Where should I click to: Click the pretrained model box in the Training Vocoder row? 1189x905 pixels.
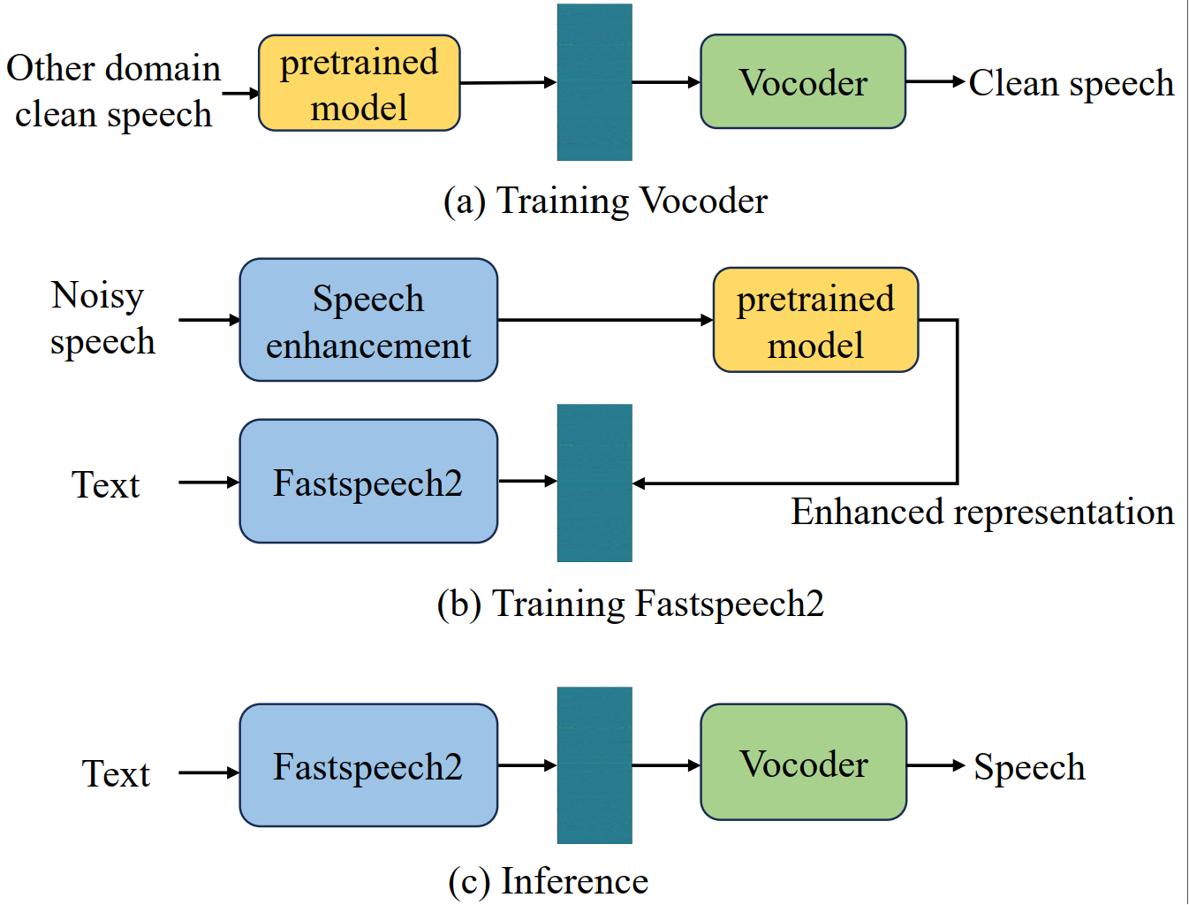tap(360, 83)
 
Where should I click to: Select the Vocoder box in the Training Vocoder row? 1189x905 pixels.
tap(803, 82)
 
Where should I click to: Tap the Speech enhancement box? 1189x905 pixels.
tap(368, 320)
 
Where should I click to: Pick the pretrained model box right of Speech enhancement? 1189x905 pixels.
tap(815, 320)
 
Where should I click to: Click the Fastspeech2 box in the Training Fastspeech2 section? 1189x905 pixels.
tap(368, 481)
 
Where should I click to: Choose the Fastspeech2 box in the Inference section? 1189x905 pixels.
tap(368, 765)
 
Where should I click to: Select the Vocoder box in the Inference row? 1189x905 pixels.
tap(803, 763)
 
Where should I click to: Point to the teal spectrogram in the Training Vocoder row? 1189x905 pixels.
tap(594, 82)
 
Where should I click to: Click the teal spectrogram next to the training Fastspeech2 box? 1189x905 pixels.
tap(594, 483)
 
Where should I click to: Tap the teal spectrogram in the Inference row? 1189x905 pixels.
tap(594, 765)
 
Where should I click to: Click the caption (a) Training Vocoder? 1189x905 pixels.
tap(605, 202)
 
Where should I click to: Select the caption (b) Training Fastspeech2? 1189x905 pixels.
tap(631, 604)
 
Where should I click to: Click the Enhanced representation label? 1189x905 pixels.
tap(982, 512)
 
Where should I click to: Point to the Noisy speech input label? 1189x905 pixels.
tap(102, 319)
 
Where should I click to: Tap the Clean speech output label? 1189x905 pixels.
tap(1071, 84)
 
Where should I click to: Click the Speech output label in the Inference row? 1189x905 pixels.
tap(1029, 767)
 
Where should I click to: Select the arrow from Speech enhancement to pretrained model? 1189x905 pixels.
tap(606, 320)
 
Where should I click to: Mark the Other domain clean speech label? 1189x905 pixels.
tap(113, 91)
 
